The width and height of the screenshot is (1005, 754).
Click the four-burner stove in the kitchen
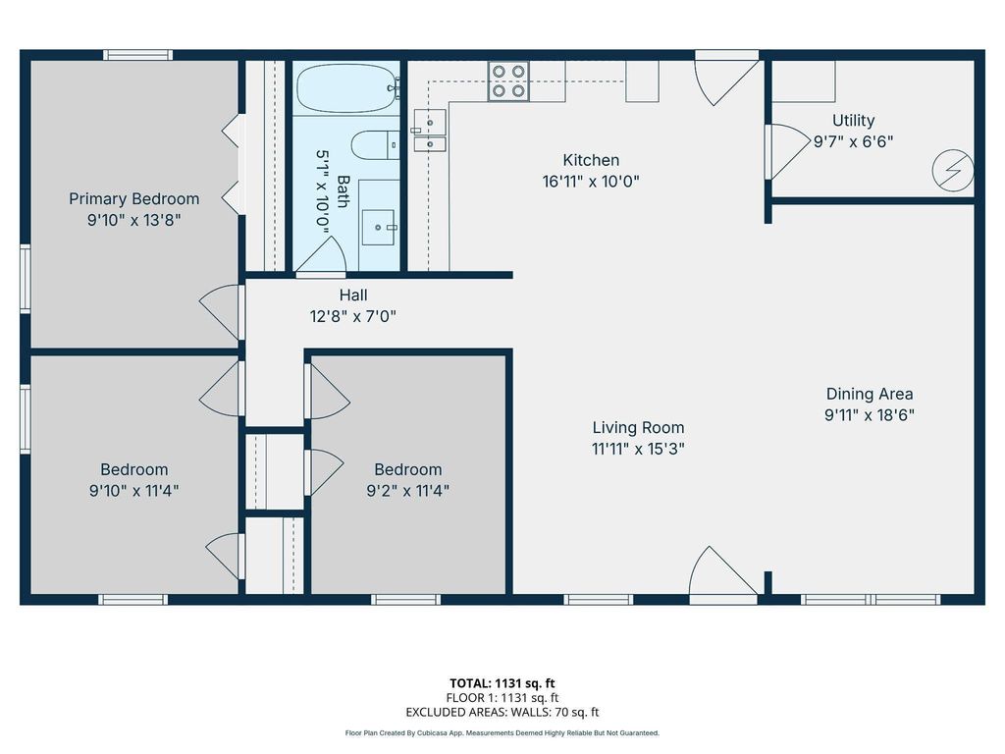point(508,81)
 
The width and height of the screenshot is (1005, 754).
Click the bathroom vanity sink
point(379,227)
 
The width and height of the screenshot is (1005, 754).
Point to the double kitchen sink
point(430,131)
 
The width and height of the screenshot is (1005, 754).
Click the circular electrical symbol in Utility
point(952,171)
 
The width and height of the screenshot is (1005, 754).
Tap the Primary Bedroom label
point(133,198)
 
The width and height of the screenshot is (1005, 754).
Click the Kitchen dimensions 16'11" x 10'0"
point(591,182)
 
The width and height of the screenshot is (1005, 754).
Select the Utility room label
point(853,121)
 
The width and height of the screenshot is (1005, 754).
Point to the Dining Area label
point(870,394)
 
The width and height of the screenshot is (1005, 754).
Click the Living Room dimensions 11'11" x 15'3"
point(638,449)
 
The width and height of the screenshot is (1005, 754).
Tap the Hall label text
point(353,295)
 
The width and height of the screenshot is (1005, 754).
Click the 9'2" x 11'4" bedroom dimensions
point(407,491)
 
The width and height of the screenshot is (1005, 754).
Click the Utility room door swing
point(788,152)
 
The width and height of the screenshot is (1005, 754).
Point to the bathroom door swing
point(322,255)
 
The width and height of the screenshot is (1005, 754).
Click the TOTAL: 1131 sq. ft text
point(502,683)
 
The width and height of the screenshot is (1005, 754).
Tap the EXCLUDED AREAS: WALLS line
point(502,713)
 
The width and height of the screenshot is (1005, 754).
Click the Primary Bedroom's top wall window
point(137,55)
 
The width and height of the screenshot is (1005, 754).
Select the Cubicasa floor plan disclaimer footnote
point(502,732)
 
